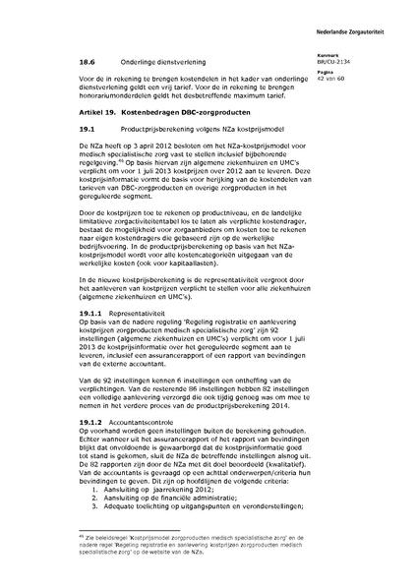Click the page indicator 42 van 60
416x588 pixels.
(352, 77)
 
